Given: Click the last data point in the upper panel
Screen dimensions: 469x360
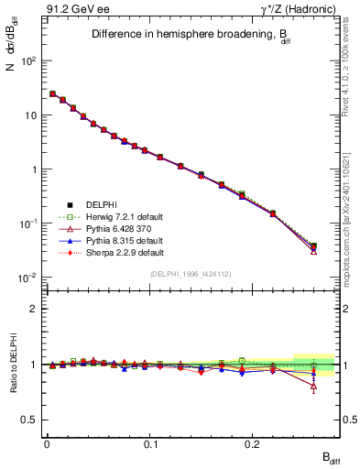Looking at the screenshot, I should [x=313, y=246].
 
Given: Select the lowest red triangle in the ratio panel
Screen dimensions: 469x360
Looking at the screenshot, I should [x=313, y=387].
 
